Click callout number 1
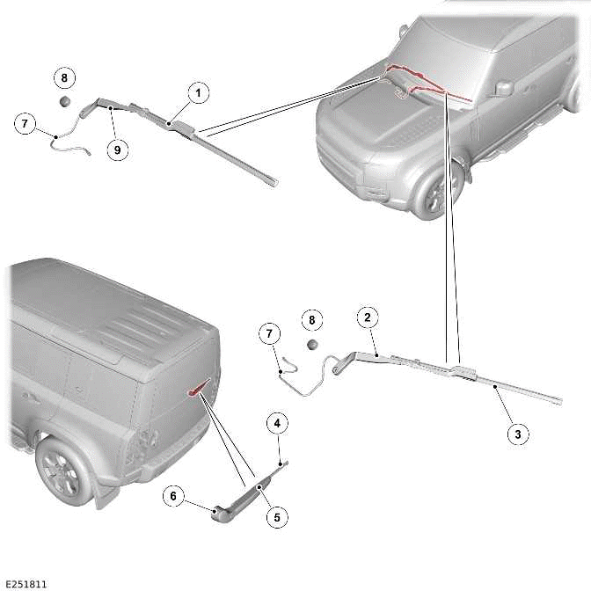(x=198, y=92)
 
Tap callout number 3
(x=517, y=433)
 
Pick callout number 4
(x=277, y=425)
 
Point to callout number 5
(x=277, y=517)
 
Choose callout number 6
(x=174, y=497)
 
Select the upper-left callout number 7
(x=26, y=124)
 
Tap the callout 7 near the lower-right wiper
(x=270, y=332)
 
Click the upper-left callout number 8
(x=64, y=77)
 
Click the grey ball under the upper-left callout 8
(x=65, y=102)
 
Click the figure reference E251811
(x=26, y=583)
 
